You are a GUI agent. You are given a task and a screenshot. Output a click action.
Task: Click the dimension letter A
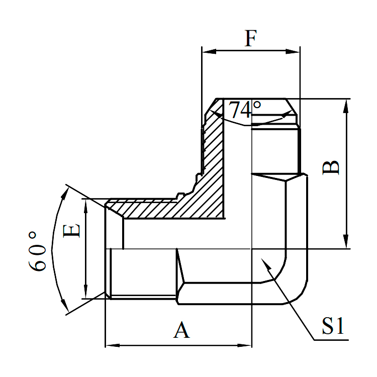181,330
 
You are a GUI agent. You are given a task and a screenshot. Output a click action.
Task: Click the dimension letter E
72,232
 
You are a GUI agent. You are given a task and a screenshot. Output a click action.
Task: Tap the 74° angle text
245,110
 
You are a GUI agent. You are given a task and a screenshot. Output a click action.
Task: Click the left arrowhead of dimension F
206,51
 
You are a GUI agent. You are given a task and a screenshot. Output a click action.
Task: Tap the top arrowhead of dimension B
346,104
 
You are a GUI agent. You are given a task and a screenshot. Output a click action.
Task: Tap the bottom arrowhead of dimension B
346,244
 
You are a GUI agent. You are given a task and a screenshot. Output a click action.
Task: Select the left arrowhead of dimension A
110,345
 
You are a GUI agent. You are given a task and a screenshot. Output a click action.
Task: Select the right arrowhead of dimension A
246,345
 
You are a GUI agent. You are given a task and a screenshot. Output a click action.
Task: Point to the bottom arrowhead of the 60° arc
65,307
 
